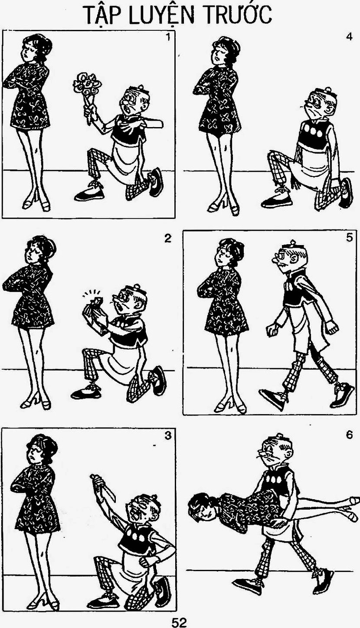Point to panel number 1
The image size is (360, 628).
point(168,37)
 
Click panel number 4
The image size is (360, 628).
point(349,37)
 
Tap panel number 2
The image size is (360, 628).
point(168,238)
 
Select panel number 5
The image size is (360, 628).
point(349,238)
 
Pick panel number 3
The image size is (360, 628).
point(168,436)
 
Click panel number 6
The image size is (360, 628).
point(349,435)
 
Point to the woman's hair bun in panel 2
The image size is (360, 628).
point(50,247)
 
